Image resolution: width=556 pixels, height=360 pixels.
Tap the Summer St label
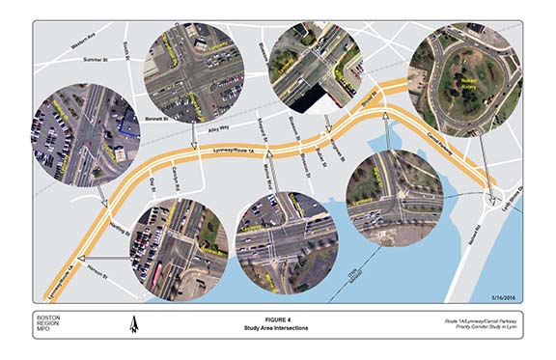point(98,60)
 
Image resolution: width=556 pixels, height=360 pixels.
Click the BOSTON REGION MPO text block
point(49,324)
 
